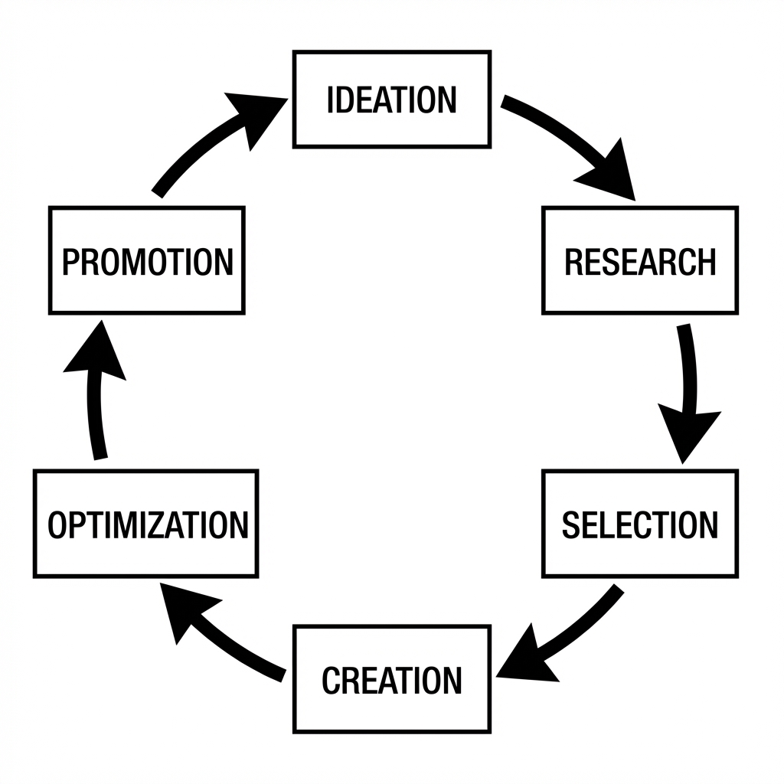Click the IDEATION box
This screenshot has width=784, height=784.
coord(391,99)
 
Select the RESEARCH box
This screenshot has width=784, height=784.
coord(640,260)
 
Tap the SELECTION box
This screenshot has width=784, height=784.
coord(640,524)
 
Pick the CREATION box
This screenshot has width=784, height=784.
coord(391,679)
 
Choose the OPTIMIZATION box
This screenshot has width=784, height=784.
coord(146,524)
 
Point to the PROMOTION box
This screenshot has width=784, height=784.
coord(146,260)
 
